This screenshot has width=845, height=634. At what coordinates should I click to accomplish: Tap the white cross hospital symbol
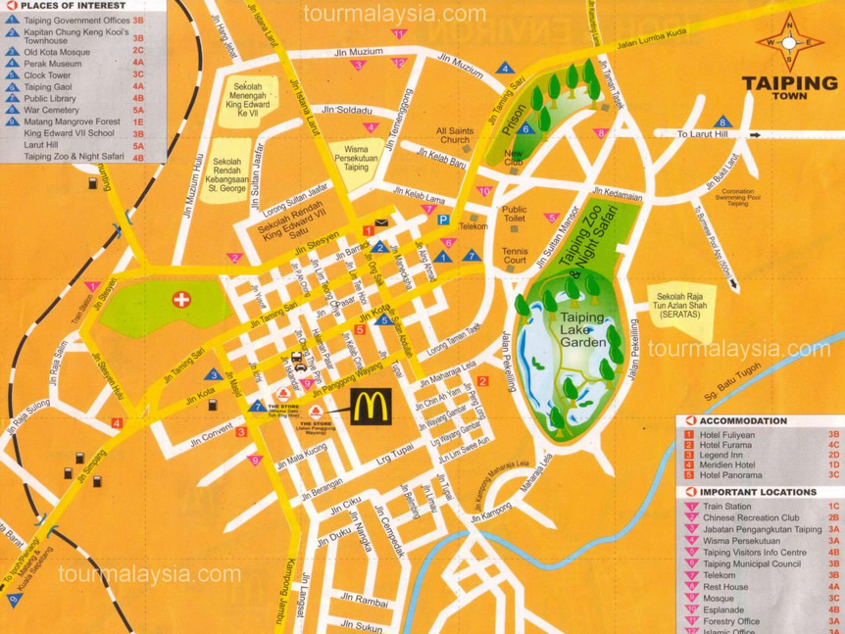(181, 299)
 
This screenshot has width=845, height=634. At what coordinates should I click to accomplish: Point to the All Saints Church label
(455, 135)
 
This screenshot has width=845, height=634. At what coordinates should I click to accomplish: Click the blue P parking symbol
(443, 221)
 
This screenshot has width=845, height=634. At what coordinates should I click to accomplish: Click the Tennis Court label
(514, 256)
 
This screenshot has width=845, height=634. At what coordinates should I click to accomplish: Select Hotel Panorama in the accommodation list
(730, 474)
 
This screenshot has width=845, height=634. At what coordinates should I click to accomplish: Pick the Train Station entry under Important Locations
(726, 507)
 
